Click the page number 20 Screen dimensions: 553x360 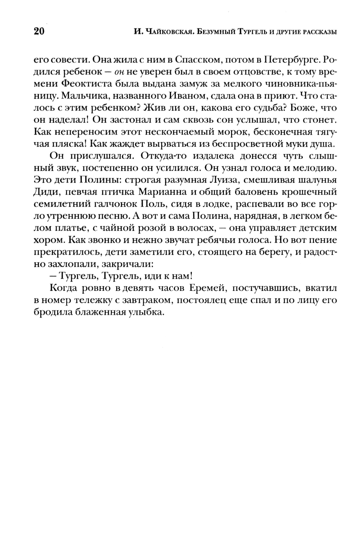[x=39, y=32]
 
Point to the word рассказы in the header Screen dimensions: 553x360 [x=319, y=32]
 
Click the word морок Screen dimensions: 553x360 [x=225, y=133]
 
